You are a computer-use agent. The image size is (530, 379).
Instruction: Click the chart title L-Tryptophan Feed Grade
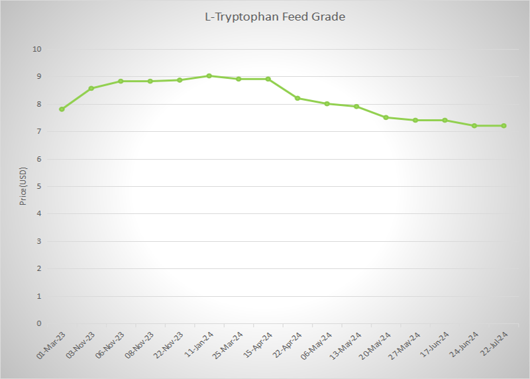(x=274, y=17)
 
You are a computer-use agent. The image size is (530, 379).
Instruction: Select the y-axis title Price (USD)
(x=23, y=186)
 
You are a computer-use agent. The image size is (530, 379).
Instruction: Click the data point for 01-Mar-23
(x=62, y=109)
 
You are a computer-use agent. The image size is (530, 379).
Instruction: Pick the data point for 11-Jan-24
(x=209, y=76)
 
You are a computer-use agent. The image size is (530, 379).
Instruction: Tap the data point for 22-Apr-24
(x=297, y=98)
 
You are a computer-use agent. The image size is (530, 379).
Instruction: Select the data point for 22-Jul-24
(x=504, y=126)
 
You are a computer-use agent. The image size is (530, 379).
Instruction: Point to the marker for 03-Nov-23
(x=91, y=88)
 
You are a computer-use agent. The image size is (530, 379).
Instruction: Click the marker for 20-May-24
(x=386, y=117)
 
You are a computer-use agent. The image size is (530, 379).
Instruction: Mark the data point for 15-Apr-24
(x=268, y=79)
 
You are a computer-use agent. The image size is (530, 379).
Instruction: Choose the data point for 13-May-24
(x=356, y=106)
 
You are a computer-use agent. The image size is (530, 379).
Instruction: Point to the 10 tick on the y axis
(x=37, y=49)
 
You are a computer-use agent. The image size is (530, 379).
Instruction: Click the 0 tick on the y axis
(x=39, y=323)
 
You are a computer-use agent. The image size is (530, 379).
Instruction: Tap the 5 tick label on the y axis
(x=39, y=186)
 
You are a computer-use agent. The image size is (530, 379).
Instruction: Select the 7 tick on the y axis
(x=39, y=131)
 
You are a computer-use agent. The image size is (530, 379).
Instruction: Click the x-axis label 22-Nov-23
(x=169, y=344)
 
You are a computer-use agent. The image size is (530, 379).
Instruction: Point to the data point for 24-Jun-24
(x=474, y=126)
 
